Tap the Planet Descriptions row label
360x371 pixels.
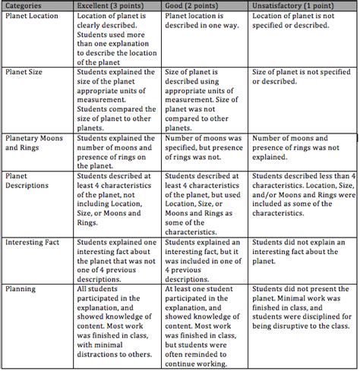point(27,181)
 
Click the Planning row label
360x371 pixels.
point(20,289)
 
